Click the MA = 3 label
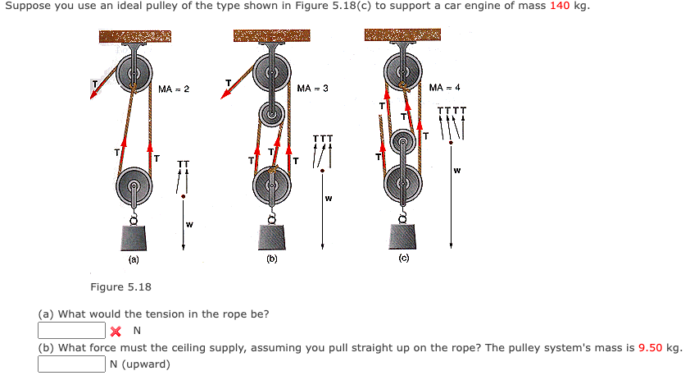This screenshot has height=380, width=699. tap(312, 88)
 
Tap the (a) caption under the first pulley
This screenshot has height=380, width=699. tap(133, 259)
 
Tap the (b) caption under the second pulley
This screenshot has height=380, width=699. tap(271, 259)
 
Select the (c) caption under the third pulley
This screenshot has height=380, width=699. tap(403, 259)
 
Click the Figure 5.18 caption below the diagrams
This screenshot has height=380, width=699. tap(120, 286)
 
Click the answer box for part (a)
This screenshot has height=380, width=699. tap(70, 331)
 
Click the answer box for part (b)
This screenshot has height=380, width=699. tap(70, 364)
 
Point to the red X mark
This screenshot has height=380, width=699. tap(116, 332)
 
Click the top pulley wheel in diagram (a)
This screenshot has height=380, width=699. tap(133, 73)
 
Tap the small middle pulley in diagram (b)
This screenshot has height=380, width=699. tap(271, 113)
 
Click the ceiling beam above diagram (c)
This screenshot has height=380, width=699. tap(402, 37)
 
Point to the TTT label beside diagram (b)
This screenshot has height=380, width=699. tap(323, 138)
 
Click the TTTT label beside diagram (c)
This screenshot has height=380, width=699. tap(452, 111)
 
